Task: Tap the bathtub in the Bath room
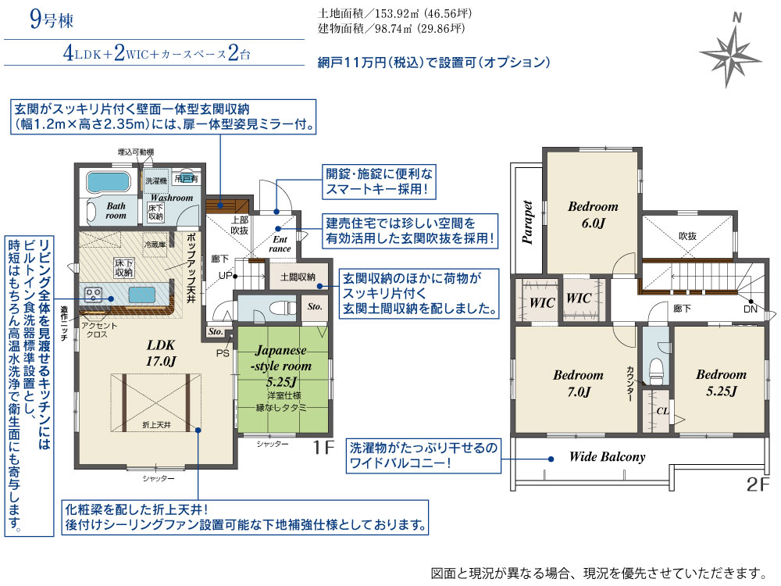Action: pos(108,182)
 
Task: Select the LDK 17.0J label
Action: pos(160,352)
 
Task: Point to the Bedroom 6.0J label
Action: pos(593,214)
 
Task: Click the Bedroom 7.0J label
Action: pos(578,383)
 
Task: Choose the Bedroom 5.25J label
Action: pos(721,383)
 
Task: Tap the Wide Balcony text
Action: pos(607,457)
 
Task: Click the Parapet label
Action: pos(527,222)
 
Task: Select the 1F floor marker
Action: pos(323,448)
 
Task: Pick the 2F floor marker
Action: pos(758,484)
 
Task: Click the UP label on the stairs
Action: pos(225,276)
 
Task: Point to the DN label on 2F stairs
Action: pos(750,309)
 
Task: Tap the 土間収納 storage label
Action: pos(298,277)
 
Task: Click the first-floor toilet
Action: pos(279,308)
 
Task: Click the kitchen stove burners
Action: pos(93,294)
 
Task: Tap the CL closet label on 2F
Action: pos(662,411)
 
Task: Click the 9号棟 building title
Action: pos(52,20)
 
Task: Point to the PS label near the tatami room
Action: pos(223,353)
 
